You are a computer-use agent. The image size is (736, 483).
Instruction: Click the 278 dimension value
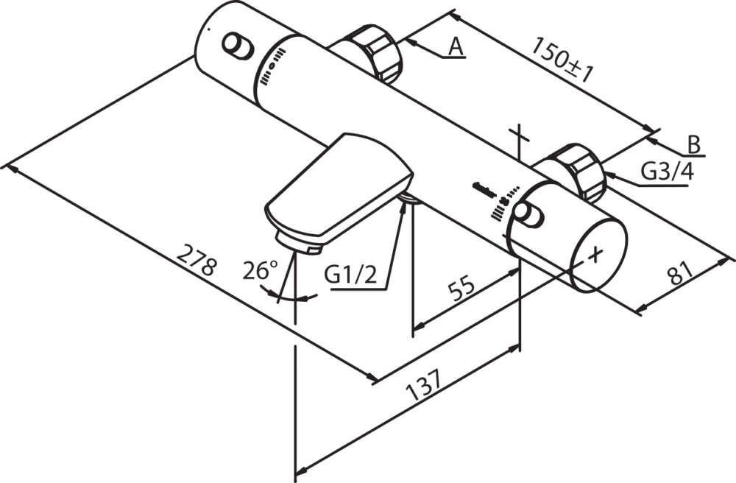(x=197, y=260)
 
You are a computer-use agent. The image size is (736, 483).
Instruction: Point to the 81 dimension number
(x=680, y=273)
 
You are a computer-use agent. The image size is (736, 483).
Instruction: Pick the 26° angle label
(x=260, y=271)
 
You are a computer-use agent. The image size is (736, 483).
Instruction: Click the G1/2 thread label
(x=350, y=275)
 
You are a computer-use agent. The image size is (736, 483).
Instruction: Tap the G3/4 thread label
(x=668, y=172)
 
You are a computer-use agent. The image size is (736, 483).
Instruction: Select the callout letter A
(x=456, y=46)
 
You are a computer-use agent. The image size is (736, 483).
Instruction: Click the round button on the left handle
(x=238, y=46)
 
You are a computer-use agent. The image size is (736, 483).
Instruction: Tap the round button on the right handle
(x=528, y=214)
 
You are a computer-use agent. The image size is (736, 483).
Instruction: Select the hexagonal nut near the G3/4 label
(x=578, y=172)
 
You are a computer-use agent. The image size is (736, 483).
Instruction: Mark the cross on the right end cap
(x=595, y=255)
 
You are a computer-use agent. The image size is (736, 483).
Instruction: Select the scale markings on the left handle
(x=272, y=68)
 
